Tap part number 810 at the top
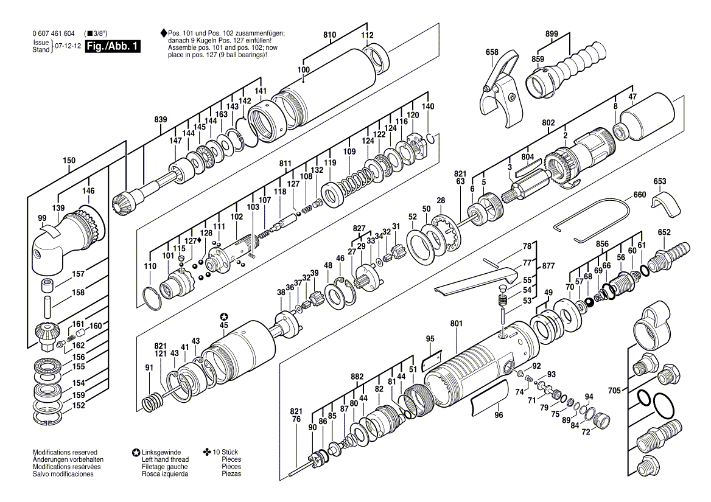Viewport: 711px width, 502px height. pyautogui.click(x=329, y=36)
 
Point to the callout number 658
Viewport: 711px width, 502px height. pyautogui.click(x=492, y=52)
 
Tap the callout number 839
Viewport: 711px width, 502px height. pyautogui.click(x=161, y=120)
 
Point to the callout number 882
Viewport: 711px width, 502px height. pyautogui.click(x=357, y=377)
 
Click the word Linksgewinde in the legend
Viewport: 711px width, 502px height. pyautogui.click(x=161, y=452)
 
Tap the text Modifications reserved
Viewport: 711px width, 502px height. pyautogui.click(x=65, y=452)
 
